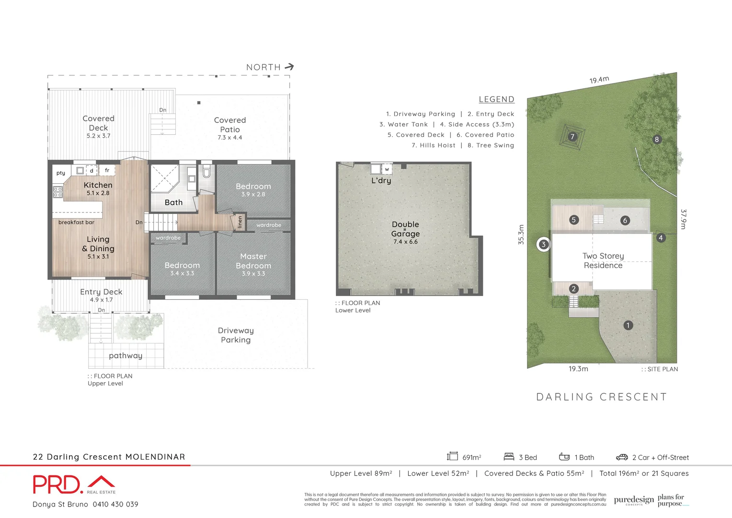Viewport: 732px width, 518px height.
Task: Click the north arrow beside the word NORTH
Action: [x=289, y=67]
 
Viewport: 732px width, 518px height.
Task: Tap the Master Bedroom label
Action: [x=253, y=261]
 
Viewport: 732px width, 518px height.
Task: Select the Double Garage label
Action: [x=405, y=229]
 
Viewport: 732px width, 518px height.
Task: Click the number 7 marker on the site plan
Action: [x=572, y=137]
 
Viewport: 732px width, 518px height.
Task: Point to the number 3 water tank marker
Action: [x=543, y=245]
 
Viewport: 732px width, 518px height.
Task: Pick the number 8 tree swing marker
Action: [x=657, y=140]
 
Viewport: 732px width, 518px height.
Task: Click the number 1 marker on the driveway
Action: [x=628, y=325]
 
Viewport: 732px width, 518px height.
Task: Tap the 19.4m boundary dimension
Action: [x=599, y=80]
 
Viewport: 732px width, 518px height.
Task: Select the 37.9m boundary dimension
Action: [x=684, y=219]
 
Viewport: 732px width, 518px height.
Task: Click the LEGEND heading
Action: [x=496, y=99]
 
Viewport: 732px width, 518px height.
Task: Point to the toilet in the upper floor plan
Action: [x=206, y=171]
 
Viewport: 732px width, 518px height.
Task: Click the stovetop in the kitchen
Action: [x=57, y=192]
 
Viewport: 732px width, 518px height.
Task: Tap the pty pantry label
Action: [x=61, y=173]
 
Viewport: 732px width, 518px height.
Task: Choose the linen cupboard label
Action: [x=240, y=222]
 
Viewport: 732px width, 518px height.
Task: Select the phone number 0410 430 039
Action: [x=115, y=504]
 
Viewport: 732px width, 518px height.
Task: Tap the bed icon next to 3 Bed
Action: [x=509, y=457]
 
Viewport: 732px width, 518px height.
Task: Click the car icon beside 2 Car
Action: [x=622, y=457]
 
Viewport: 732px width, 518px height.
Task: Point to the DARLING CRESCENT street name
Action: [x=601, y=397]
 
